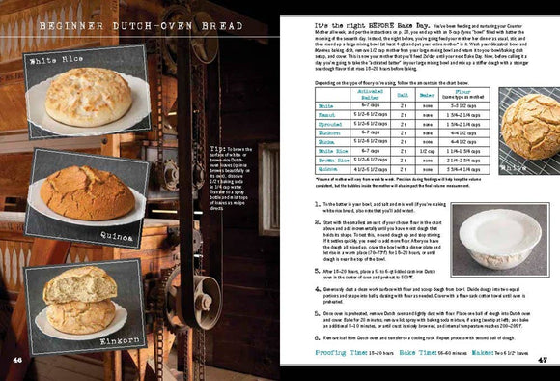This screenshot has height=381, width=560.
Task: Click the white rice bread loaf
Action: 89,98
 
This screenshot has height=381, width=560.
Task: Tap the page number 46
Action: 17,360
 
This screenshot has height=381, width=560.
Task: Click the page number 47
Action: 543,360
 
